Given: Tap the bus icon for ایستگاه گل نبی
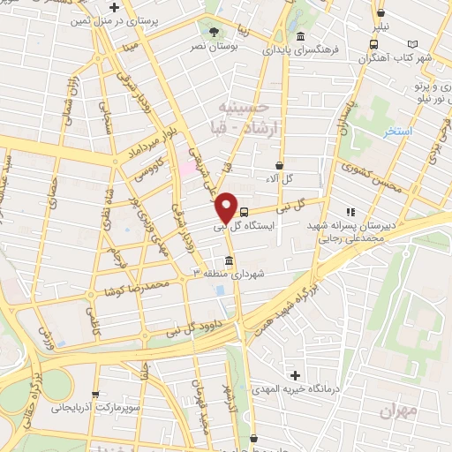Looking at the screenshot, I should click(x=245, y=212).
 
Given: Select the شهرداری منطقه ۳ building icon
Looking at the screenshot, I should click(x=230, y=262).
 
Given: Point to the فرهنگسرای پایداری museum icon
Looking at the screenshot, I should click(x=301, y=37).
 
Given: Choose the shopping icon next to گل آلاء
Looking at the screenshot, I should click(x=280, y=165).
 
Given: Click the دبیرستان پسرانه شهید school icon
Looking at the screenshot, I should click(x=350, y=212).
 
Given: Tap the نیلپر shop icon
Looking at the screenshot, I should click(x=380, y=13).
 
